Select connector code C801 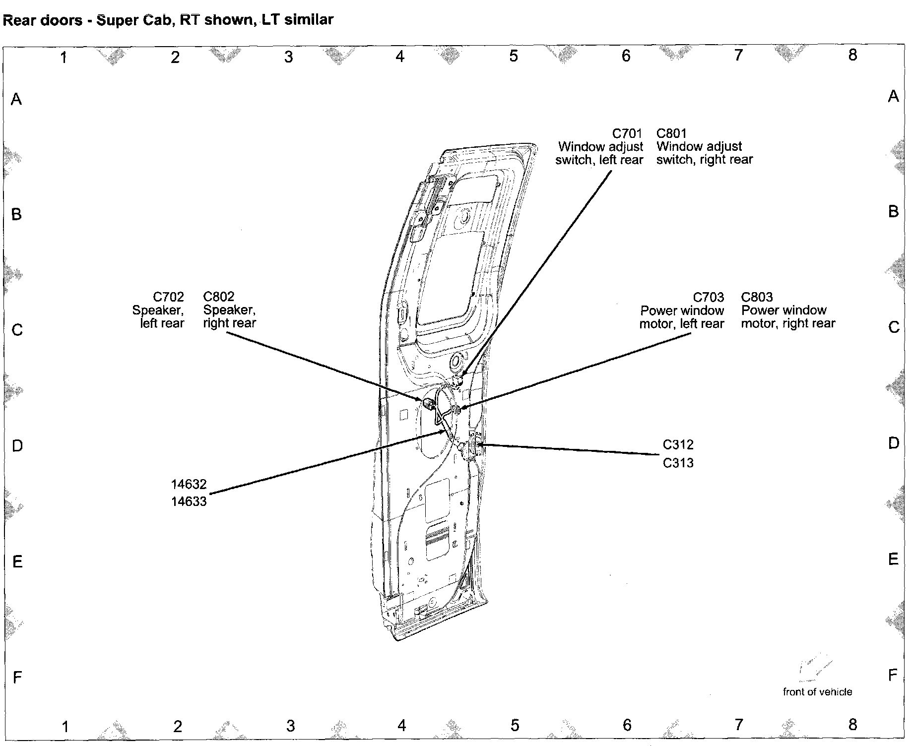[x=671, y=133]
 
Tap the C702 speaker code [x=168, y=297]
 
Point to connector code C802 [x=219, y=297]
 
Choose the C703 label [x=708, y=297]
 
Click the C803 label [x=757, y=297]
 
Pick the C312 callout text [x=678, y=444]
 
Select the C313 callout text [x=678, y=463]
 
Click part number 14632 [x=189, y=484]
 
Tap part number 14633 [x=189, y=501]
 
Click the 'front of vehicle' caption [x=817, y=691]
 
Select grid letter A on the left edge [x=16, y=99]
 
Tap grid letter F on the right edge [x=893, y=675]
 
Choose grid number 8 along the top [x=852, y=55]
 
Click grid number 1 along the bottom [x=65, y=727]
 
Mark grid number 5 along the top [x=514, y=56]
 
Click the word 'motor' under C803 [x=759, y=323]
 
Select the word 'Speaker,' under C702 [x=158, y=310]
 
